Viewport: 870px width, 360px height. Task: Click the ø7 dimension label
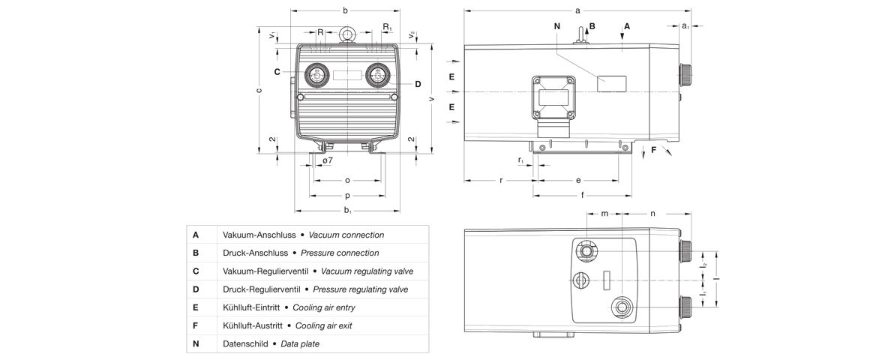pyautogui.click(x=328, y=161)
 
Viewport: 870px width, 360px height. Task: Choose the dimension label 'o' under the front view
pyautogui.click(x=347, y=180)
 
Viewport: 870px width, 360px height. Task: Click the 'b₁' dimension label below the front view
pyautogui.click(x=348, y=211)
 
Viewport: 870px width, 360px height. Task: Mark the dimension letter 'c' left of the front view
pyautogui.click(x=259, y=91)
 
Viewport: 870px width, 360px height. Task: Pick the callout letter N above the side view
pyautogui.click(x=557, y=26)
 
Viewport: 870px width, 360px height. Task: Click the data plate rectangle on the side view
pyautogui.click(x=611, y=83)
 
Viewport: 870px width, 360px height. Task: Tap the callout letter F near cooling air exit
pyautogui.click(x=653, y=150)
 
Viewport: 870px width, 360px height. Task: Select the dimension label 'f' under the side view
pyautogui.click(x=582, y=195)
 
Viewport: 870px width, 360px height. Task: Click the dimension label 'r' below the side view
pyautogui.click(x=500, y=180)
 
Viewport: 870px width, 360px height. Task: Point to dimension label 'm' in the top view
pyautogui.click(x=604, y=214)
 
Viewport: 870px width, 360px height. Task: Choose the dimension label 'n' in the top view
pyautogui.click(x=652, y=214)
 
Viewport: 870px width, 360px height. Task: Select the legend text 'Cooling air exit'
pyautogui.click(x=323, y=325)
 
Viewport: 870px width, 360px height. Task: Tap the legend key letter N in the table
pyautogui.click(x=196, y=343)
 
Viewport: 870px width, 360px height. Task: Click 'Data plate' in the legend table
pyautogui.click(x=300, y=343)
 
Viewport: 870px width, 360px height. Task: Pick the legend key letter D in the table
pyautogui.click(x=196, y=289)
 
